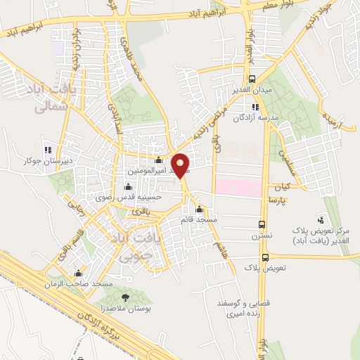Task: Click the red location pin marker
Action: point(181,165)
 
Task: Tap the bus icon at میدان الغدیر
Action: point(252,79)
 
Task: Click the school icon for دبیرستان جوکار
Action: point(49,149)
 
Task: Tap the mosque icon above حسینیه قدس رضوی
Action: point(127,187)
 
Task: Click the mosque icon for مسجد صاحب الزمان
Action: point(78,273)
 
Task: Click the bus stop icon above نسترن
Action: point(262,224)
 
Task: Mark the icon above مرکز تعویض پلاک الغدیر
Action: point(322,220)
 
